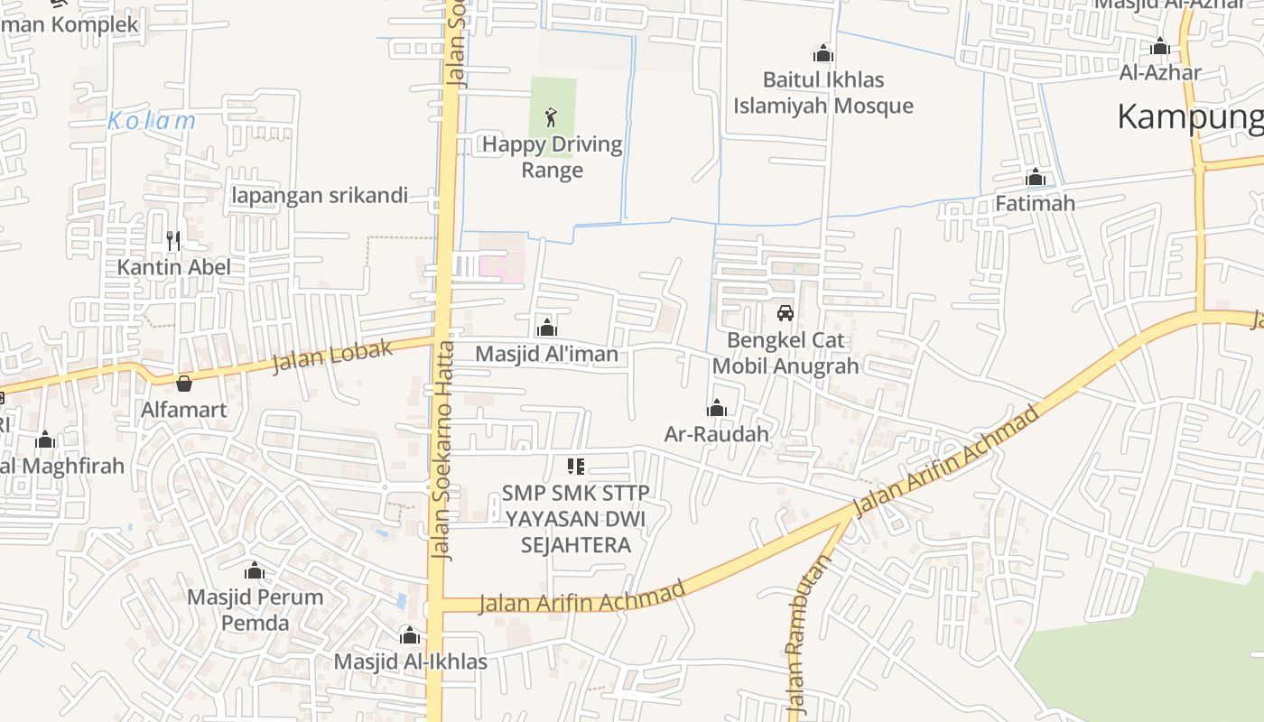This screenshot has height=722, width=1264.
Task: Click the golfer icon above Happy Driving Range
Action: pos(552,116)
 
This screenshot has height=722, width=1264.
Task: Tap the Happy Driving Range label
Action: pos(553,157)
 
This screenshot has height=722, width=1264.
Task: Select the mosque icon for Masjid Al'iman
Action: pos(546,327)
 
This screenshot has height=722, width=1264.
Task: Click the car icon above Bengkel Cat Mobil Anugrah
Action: pos(785,312)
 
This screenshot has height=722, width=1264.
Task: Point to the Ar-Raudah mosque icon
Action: pos(717,408)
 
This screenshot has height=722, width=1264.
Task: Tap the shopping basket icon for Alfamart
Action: pos(184,384)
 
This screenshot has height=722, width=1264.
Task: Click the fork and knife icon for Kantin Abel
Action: pos(173,240)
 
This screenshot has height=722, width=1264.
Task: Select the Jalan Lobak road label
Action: pos(333,356)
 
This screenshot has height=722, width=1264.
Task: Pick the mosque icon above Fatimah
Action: pos(1036,177)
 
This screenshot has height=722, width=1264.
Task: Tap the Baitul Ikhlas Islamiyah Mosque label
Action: pos(823,93)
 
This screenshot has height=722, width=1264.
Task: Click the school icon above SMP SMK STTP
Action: pos(575,467)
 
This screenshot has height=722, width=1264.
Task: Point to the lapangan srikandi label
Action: pos(320,195)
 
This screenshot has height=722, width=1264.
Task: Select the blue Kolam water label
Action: pos(152,121)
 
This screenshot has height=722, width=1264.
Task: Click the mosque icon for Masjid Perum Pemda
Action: pos(255,570)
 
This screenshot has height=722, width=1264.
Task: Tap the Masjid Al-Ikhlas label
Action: pos(410,662)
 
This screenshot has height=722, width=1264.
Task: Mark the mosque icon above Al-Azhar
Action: pos(1160,46)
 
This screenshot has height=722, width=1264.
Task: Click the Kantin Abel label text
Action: pos(173,267)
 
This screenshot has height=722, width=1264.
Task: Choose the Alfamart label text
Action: pos(184,409)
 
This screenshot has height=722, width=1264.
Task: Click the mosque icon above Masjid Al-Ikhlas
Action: pos(410,635)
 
